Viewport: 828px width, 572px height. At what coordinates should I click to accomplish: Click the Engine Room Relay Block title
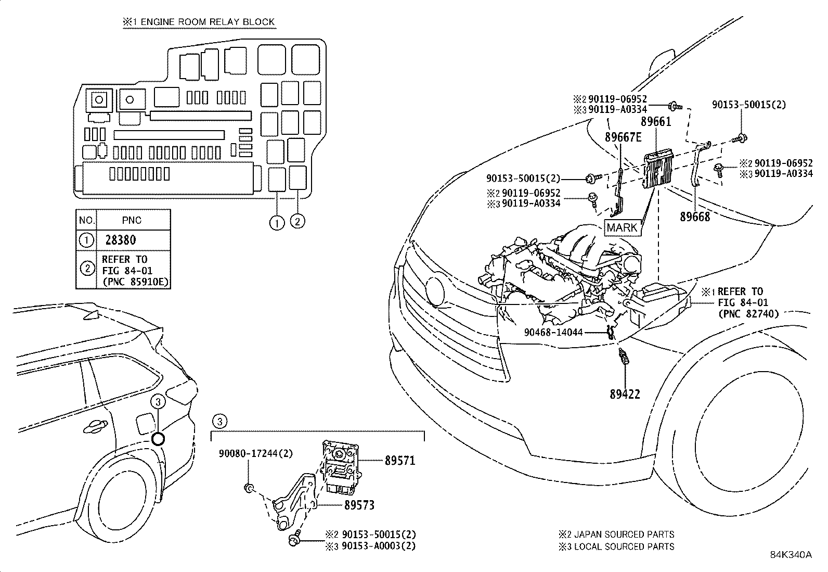coord(199,22)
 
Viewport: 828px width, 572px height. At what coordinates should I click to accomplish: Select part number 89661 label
coord(656,122)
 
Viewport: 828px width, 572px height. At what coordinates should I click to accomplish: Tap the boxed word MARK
coord(622,227)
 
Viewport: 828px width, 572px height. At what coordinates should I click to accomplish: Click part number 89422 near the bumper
coord(625,394)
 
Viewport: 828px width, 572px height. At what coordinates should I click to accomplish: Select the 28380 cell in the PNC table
coord(120,240)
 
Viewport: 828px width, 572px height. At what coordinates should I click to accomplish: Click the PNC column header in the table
coord(132,220)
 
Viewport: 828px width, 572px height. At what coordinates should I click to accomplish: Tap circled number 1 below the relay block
coord(277,222)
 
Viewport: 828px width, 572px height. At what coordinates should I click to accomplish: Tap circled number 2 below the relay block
coord(297,221)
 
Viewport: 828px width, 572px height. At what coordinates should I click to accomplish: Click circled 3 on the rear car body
coord(158,401)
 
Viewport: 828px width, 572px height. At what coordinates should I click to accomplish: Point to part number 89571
coord(400,461)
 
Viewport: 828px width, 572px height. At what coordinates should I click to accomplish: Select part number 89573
coord(359,505)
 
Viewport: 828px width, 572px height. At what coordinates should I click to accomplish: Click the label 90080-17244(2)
coord(255,453)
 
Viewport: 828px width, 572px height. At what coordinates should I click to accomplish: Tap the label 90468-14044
coord(553,332)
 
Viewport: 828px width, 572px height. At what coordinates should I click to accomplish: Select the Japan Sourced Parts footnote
coord(616,535)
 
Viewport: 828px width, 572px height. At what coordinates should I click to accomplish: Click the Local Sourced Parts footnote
coord(616,546)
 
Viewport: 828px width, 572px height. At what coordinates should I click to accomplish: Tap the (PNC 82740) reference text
coord(748,313)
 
